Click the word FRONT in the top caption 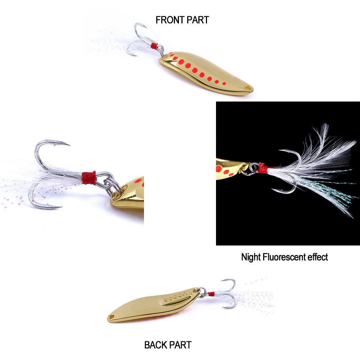coord(169,20)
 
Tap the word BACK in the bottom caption coord(156,345)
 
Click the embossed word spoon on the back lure coord(175,297)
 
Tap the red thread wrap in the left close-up coord(89,178)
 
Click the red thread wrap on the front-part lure coord(154,46)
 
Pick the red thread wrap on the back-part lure coord(211,294)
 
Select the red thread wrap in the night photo coord(263,168)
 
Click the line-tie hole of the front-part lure coord(248,87)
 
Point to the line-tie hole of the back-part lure coord(111,317)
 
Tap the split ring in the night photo coord(253,168)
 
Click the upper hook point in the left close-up coord(67,145)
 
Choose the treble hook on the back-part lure coord(227,293)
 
